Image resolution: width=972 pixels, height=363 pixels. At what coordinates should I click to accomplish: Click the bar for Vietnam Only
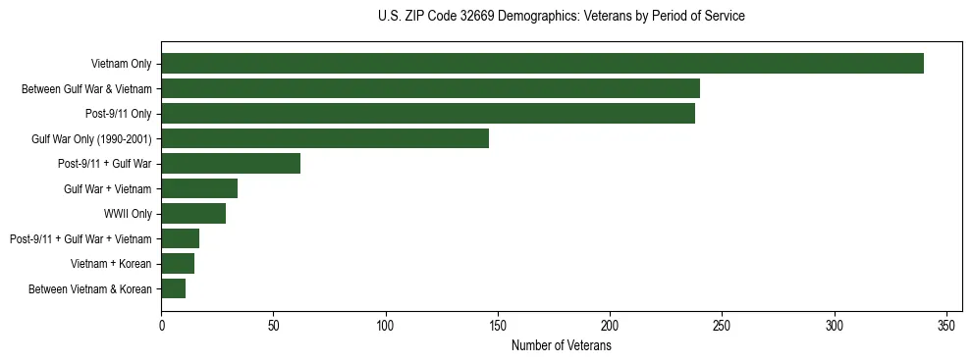pyautogui.click(x=542, y=64)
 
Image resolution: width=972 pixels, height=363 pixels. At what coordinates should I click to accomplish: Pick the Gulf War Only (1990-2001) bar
pyautogui.click(x=325, y=138)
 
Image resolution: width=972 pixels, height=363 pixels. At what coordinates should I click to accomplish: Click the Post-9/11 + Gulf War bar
pyautogui.click(x=231, y=164)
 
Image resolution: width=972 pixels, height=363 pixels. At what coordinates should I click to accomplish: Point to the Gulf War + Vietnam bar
pyautogui.click(x=199, y=188)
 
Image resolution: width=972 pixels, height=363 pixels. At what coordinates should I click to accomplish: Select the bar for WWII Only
pyautogui.click(x=193, y=214)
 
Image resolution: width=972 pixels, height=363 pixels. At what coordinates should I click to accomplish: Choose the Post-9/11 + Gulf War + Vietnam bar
pyautogui.click(x=181, y=238)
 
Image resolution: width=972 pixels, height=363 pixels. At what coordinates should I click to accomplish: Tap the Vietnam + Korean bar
pyautogui.click(x=178, y=264)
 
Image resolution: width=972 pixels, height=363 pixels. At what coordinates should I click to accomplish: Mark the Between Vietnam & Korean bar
pyautogui.click(x=174, y=288)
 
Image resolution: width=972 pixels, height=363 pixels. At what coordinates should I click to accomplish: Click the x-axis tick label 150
pyautogui.click(x=498, y=325)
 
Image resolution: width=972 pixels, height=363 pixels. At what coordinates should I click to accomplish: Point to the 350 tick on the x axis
pyautogui.click(x=946, y=325)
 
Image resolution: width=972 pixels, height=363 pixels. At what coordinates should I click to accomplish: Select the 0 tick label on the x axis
pyautogui.click(x=162, y=325)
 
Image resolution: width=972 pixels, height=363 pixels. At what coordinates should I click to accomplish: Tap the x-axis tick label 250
pyautogui.click(x=722, y=325)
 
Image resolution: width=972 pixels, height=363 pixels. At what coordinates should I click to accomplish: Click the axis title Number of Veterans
pyautogui.click(x=561, y=346)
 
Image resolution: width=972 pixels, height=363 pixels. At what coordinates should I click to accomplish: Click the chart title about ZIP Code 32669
pyautogui.click(x=561, y=17)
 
